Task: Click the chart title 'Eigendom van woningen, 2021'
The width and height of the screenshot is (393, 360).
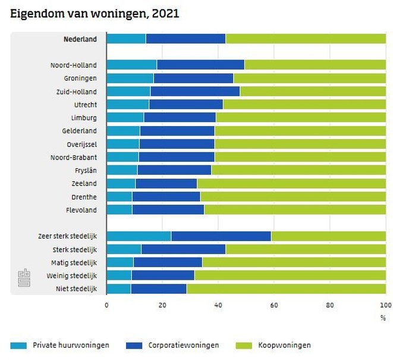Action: (94, 14)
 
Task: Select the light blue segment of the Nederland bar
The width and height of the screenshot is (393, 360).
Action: (126, 39)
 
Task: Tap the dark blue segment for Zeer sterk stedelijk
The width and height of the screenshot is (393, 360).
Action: (221, 236)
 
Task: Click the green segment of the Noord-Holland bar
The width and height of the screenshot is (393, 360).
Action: (315, 65)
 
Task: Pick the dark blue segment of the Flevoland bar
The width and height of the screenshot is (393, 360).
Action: (168, 209)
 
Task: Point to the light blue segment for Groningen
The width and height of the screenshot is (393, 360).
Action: (130, 78)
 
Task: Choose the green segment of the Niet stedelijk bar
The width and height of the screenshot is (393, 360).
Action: (286, 289)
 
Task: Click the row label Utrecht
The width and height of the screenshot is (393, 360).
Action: (84, 104)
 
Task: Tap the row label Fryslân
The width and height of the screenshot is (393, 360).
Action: (84, 170)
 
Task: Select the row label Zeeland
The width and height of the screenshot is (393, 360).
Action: (84, 183)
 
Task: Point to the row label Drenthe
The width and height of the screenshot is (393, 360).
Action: (84, 196)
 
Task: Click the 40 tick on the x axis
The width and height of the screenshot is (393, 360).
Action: (218, 305)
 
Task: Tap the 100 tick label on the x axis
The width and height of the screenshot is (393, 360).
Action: (385, 305)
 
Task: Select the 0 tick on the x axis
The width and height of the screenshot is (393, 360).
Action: (107, 305)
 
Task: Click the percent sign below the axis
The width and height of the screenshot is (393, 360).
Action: (383, 318)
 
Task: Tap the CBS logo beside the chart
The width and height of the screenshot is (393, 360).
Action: (24, 278)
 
